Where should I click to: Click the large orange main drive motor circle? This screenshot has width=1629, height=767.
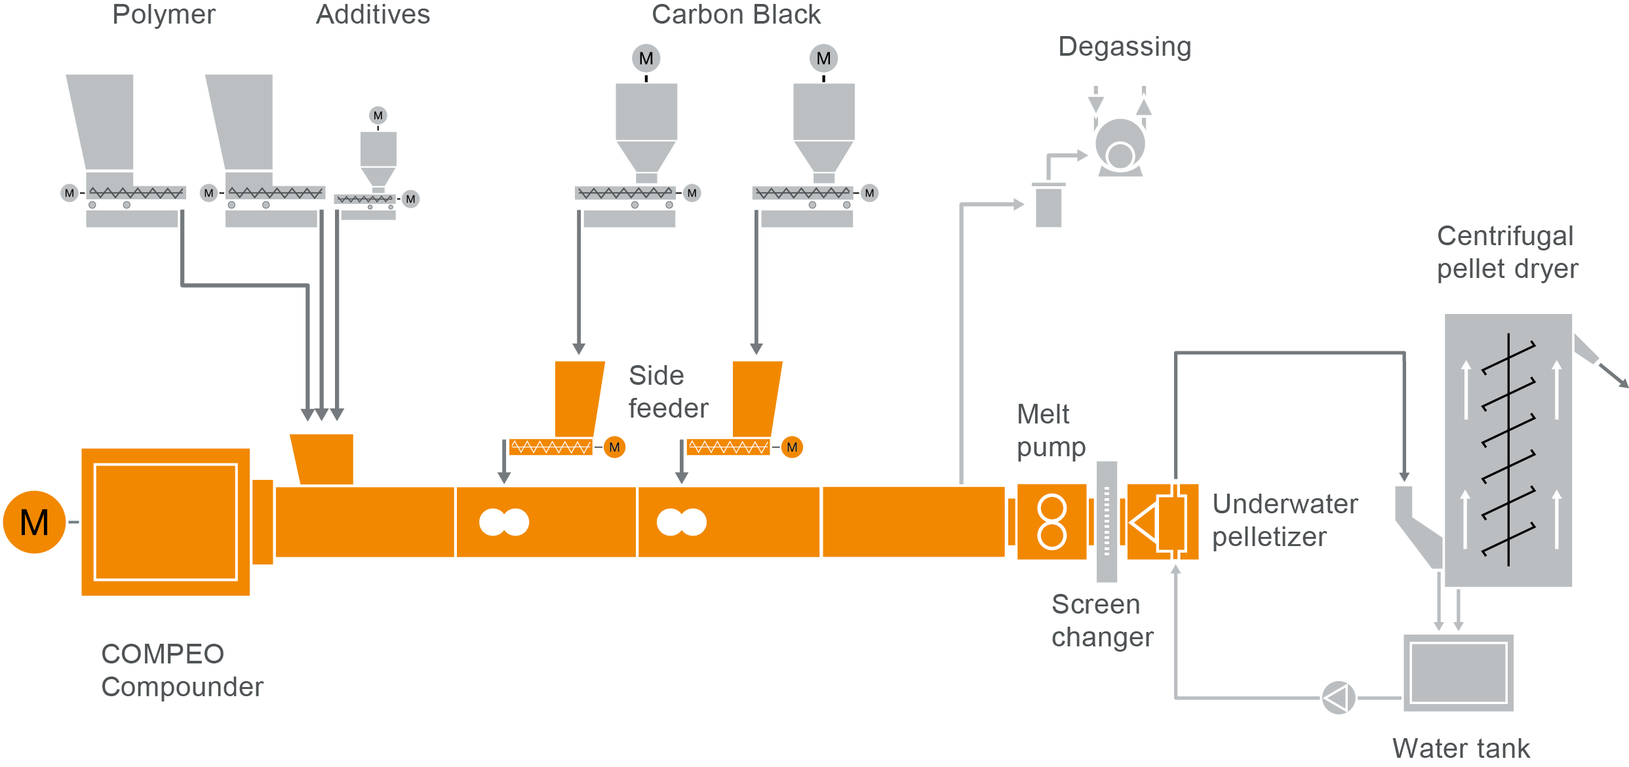point(34,522)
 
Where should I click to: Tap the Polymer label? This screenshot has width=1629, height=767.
point(164,14)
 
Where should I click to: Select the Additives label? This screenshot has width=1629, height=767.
point(373,14)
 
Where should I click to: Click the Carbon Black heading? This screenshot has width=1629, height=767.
point(736,14)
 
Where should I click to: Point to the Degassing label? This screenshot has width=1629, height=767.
point(1124,47)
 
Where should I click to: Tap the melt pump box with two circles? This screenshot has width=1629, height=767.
point(1051,522)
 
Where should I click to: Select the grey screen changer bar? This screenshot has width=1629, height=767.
point(1107,522)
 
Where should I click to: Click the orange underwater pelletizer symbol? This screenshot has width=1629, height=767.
point(1162,522)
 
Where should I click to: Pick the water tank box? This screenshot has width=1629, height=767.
point(1458,673)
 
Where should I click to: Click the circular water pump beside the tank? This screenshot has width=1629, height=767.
point(1338,698)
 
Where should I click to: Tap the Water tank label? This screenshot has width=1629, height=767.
point(1461,749)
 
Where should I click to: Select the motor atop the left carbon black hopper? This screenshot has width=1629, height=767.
point(646,58)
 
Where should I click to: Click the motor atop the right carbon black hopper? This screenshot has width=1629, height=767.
point(823,58)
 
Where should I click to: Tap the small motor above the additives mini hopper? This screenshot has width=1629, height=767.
point(378,116)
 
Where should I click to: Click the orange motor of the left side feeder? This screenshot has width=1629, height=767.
point(614,447)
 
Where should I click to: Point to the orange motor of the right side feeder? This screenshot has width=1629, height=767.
point(792,447)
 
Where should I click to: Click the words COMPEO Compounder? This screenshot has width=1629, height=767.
point(182,670)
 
